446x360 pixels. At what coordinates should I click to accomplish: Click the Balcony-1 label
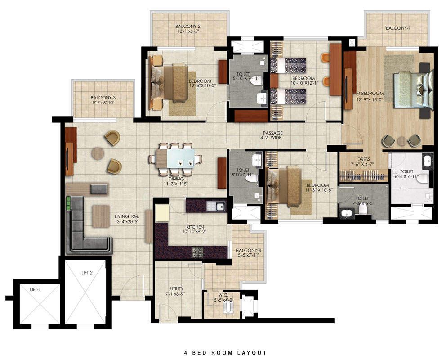(398, 28)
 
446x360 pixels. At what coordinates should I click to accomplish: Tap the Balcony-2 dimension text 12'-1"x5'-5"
(188, 31)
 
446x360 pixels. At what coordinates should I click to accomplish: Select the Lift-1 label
(35, 289)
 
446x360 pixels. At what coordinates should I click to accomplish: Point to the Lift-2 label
(87, 272)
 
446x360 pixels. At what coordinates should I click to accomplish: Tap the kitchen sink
(220, 206)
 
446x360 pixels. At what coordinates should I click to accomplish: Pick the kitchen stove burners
(197, 252)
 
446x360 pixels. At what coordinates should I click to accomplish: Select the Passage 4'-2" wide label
(272, 135)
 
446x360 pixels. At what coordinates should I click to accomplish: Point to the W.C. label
(223, 295)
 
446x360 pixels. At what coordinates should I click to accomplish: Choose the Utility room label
(177, 288)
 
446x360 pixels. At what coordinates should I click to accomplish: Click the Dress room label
(364, 159)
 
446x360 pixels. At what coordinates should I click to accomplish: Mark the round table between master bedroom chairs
(401, 141)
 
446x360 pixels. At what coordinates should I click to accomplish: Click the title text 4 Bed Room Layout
(225, 353)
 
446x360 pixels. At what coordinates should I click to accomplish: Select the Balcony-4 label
(248, 251)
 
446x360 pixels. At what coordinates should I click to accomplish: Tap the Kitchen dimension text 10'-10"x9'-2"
(195, 232)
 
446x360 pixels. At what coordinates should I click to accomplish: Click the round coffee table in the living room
(98, 153)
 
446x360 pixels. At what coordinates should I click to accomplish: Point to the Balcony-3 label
(103, 98)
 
